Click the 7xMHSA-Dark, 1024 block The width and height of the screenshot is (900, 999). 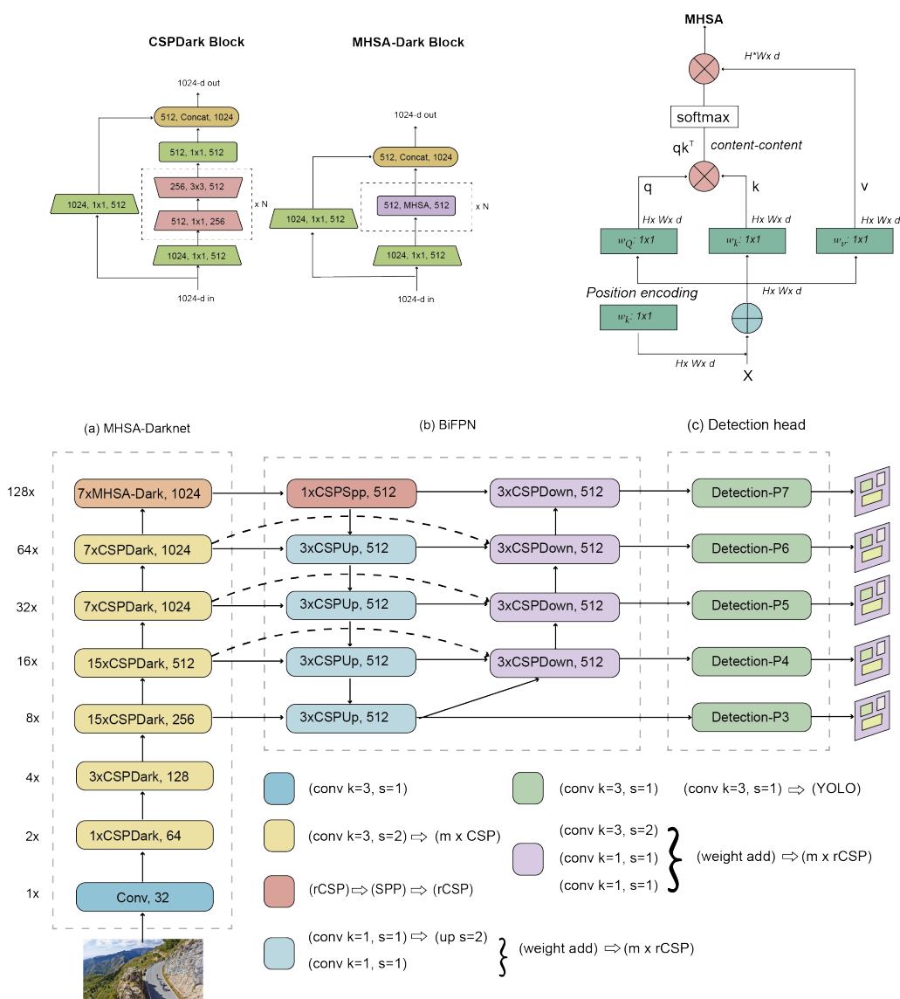point(145,493)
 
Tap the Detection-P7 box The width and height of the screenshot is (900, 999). point(751,493)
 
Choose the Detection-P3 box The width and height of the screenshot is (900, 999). point(751,717)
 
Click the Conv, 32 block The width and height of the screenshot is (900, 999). point(145,897)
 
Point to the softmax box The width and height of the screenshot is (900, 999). point(704,117)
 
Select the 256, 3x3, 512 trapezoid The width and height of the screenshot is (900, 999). point(196,187)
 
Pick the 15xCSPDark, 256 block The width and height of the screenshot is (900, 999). point(145,718)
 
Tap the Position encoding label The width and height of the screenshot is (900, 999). point(642,293)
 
